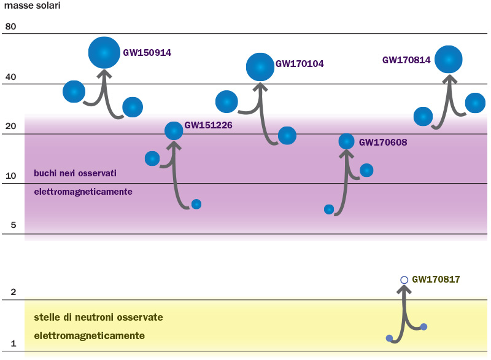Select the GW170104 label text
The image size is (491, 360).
(300, 63)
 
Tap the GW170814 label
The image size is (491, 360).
(406, 60)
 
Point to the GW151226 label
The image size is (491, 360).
(208, 125)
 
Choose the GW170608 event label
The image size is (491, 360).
(383, 143)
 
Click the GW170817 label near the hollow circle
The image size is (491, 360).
(436, 280)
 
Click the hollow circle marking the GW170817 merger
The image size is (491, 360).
(404, 280)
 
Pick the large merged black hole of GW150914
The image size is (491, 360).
(104, 53)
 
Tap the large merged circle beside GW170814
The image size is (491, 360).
(449, 60)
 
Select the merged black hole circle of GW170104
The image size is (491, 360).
(260, 67)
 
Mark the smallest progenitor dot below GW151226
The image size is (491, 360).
(196, 204)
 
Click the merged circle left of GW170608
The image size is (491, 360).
(346, 141)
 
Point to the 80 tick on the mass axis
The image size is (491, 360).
(10, 27)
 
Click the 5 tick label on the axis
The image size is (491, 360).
(13, 225)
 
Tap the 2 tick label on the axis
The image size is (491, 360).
(13, 292)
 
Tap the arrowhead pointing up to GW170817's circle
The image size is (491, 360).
(404, 291)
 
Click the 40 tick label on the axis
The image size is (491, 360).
(10, 77)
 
